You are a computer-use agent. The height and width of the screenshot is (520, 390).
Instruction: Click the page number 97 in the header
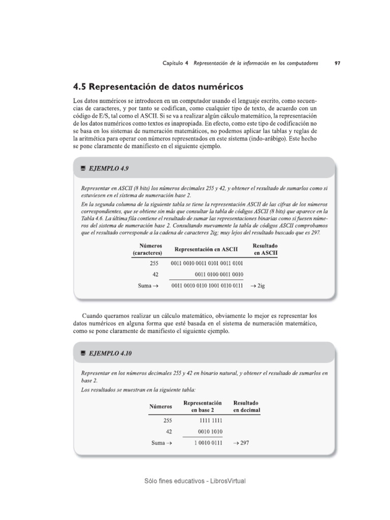pos(338,63)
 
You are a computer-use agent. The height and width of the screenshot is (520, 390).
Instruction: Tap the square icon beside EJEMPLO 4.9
pos(82,168)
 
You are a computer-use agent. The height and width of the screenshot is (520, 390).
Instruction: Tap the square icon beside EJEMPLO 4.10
pos(82,352)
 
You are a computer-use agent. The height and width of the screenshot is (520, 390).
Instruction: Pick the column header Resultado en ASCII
pos(265,249)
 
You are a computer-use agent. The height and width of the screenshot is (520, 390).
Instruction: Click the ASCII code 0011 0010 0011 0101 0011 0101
pos(207,263)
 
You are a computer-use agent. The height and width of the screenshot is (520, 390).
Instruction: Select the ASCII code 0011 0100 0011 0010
pos(219,274)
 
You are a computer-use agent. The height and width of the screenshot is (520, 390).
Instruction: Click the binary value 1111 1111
pos(212,420)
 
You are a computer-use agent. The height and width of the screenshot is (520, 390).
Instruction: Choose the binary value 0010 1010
pos(212,431)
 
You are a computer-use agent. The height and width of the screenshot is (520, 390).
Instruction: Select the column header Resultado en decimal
pos(247,406)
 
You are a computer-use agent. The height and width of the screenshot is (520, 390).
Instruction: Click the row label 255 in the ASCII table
pos(154,263)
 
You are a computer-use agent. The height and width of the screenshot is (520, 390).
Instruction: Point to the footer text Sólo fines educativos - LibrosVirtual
pos(195,480)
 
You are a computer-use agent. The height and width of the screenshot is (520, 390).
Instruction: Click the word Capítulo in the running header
pos(174,63)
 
